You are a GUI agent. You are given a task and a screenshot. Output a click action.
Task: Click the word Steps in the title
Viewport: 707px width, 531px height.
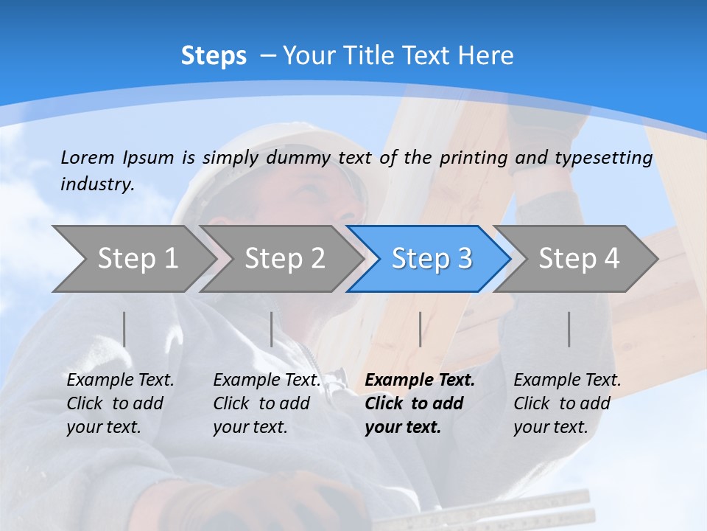pos(214,56)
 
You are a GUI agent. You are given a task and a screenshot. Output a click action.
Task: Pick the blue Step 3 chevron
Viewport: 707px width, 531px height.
pos(432,259)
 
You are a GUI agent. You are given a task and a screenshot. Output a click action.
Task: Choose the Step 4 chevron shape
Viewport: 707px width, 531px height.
pos(579,259)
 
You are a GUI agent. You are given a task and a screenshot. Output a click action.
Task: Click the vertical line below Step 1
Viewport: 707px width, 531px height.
pos(124,329)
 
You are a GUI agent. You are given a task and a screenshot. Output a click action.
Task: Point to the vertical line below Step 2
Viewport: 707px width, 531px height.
pos(272,329)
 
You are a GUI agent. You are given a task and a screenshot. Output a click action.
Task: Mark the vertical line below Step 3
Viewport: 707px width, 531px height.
pos(420,329)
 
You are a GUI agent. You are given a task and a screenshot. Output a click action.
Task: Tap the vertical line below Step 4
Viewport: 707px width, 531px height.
pos(569,329)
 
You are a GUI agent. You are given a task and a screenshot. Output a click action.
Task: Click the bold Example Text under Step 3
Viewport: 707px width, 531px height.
pos(420,381)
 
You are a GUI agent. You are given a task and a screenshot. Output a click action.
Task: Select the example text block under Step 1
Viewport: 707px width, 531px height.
pos(120,403)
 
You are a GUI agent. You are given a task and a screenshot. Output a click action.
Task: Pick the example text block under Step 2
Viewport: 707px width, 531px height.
pos(267,403)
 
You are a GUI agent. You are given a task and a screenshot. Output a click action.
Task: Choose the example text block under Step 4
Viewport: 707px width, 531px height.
pos(567,403)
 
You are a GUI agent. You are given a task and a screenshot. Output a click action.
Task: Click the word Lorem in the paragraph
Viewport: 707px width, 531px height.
pos(87,158)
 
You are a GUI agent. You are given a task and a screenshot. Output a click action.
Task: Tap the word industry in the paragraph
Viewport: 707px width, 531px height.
pos(96,184)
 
